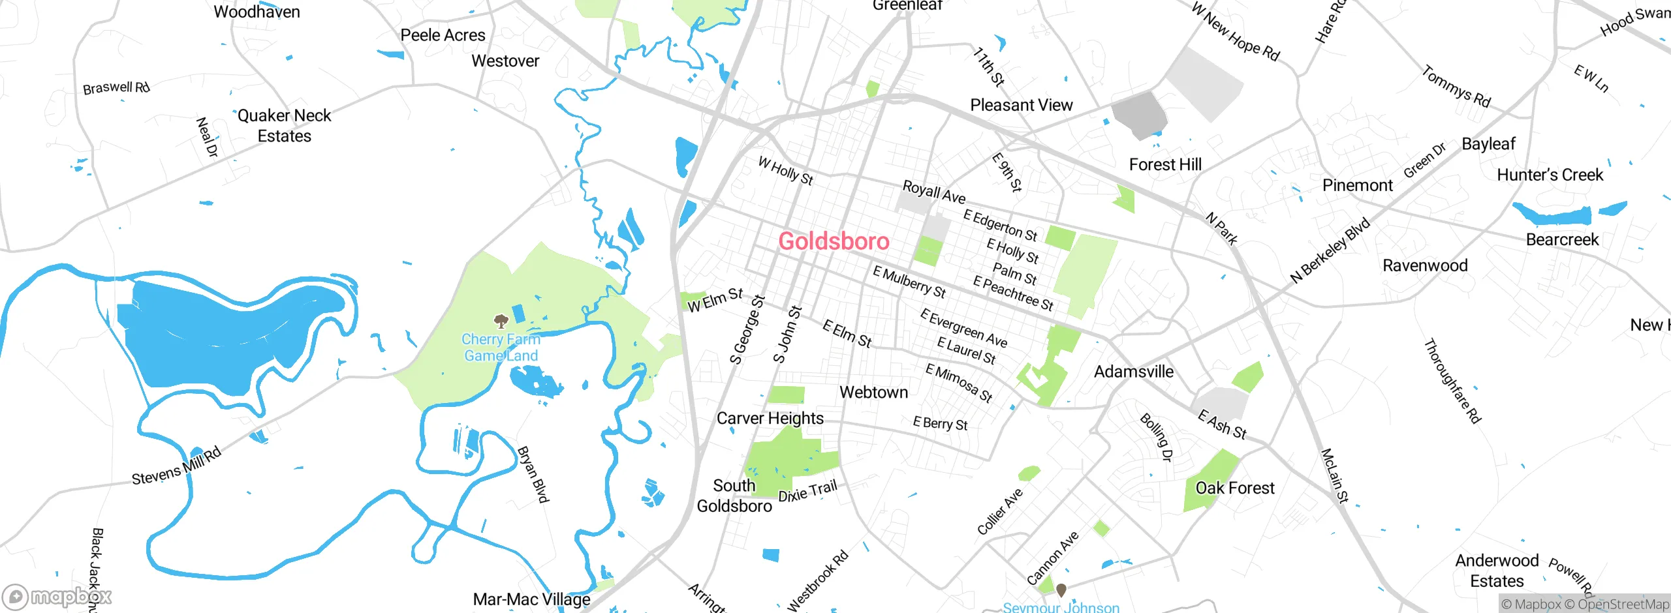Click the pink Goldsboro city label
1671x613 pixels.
(834, 241)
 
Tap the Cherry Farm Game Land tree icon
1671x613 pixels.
(501, 321)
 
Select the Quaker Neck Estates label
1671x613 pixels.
(284, 126)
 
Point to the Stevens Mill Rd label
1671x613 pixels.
(176, 467)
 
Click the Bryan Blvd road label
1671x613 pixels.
(533, 474)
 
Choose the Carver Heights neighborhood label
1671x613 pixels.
(770, 418)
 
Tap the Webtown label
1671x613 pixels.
(873, 392)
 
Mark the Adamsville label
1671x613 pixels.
(1133, 372)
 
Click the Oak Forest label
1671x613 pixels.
(1234, 488)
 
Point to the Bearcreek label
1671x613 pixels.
(1562, 239)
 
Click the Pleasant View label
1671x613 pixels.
(1021, 105)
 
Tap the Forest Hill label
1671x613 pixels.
(1165, 164)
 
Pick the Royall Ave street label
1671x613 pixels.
(933, 192)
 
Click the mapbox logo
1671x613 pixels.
(57, 596)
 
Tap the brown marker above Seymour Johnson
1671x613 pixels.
(1061, 590)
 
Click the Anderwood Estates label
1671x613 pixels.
(1497, 571)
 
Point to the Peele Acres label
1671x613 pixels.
(443, 35)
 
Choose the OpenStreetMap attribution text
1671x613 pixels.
(1623, 605)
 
